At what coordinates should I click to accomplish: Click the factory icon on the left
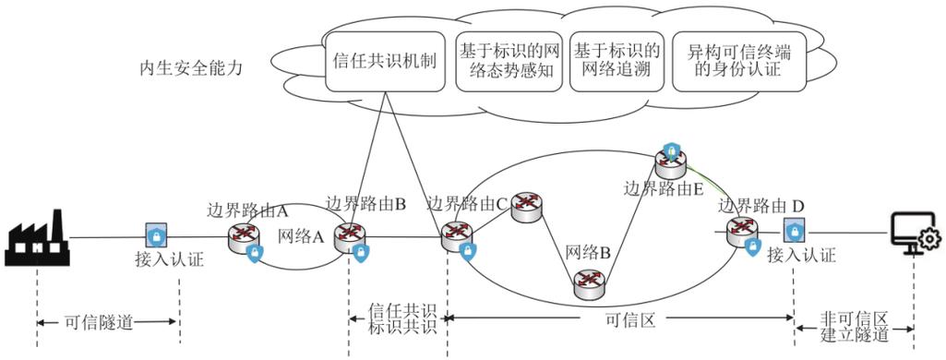click(x=36, y=236)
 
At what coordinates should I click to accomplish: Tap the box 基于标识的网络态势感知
click(x=509, y=61)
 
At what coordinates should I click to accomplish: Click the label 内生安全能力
click(x=190, y=68)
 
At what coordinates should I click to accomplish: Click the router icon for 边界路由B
click(x=349, y=234)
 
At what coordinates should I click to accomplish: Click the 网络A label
click(x=301, y=236)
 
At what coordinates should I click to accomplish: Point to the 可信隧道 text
click(x=100, y=323)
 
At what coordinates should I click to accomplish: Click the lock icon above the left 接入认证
click(x=156, y=234)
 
